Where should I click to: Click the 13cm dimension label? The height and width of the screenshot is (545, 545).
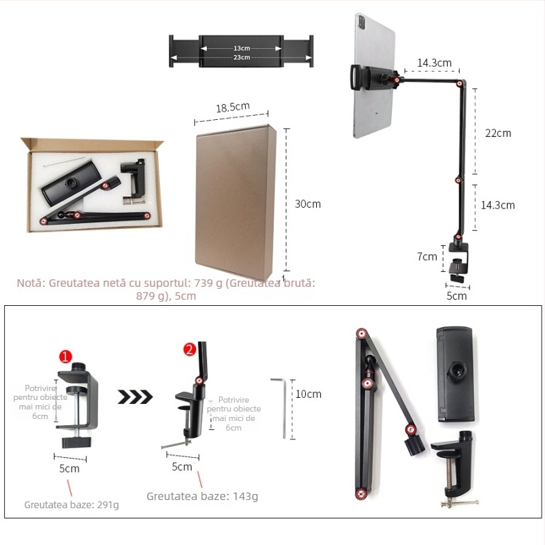click(x=242, y=48)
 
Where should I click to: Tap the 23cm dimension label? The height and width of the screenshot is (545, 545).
click(x=242, y=57)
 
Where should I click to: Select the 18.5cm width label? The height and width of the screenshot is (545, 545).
click(x=233, y=107)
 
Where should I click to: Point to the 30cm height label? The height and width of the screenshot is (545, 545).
click(x=307, y=204)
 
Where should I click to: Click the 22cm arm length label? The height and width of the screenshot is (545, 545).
click(x=498, y=133)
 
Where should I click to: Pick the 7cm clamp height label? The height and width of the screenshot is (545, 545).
click(x=427, y=256)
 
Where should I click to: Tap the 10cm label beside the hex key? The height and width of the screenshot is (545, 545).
click(x=309, y=394)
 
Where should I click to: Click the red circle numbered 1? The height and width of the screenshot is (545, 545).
click(x=65, y=356)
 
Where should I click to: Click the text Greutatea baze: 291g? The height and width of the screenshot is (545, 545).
click(x=72, y=505)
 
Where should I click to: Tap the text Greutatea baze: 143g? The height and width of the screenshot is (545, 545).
click(x=202, y=496)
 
